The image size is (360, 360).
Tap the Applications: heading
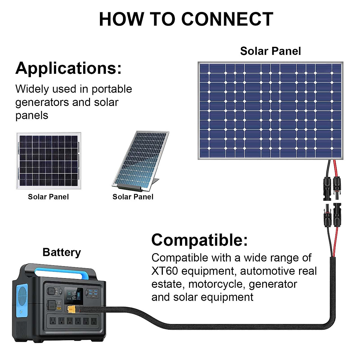(69, 68)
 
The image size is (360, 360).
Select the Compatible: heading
(199, 240)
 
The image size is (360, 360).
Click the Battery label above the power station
(62, 252)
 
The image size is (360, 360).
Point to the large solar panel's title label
(270, 51)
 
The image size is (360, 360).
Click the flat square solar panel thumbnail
(48, 161)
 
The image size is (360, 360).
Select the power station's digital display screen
(74, 295)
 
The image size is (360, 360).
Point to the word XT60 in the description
(165, 271)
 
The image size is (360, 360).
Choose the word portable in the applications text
(112, 89)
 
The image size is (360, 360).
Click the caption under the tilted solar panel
(133, 197)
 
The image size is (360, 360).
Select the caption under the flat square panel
(48, 197)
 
